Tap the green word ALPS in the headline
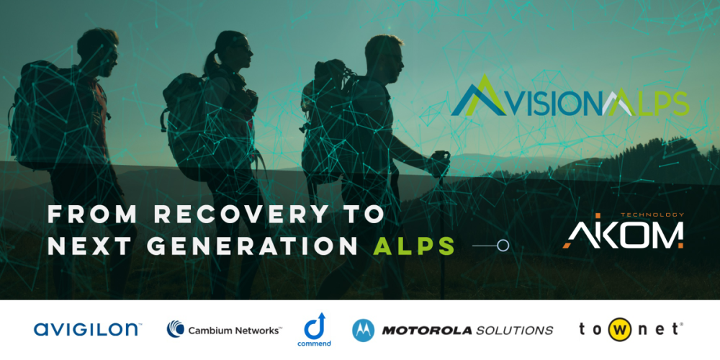coord(414,246)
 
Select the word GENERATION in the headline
coord(252,246)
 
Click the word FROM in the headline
coord(91,215)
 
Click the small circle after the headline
coord(503,246)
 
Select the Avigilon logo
coord(88,330)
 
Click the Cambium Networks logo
coord(224,330)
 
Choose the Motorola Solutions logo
coord(453,330)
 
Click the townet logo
coord(630,330)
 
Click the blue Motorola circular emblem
coord(364,330)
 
